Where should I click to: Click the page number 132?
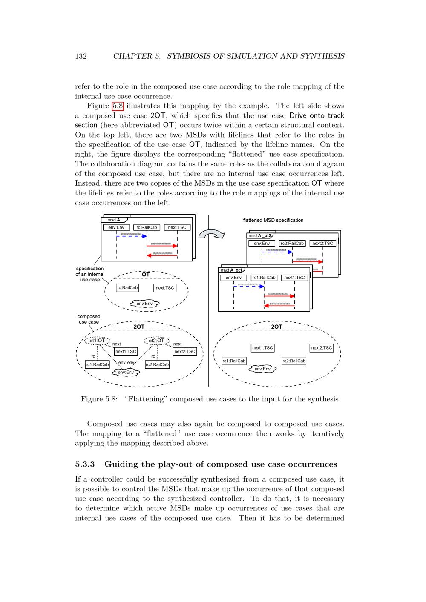(x=81, y=56)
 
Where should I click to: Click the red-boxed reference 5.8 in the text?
(x=118, y=106)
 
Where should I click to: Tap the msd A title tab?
(x=114, y=220)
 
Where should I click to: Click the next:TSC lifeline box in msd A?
(x=177, y=227)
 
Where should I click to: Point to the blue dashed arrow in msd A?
(x=131, y=236)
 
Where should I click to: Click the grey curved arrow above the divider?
(x=212, y=234)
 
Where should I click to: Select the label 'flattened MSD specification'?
(x=273, y=220)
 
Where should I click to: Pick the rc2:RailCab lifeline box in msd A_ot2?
(x=292, y=243)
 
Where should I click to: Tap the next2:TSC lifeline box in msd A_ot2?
(x=323, y=243)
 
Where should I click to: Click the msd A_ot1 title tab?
(x=231, y=270)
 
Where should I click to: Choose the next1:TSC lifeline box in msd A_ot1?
(x=294, y=278)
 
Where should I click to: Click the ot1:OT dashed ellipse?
(x=97, y=341)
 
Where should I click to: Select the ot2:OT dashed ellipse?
(x=157, y=341)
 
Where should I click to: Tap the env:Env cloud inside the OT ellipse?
(x=144, y=304)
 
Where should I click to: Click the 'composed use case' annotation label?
(x=89, y=319)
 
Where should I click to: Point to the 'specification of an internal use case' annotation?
(x=90, y=274)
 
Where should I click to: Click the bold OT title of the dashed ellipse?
(x=146, y=275)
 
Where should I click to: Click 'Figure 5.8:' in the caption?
(x=99, y=399)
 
